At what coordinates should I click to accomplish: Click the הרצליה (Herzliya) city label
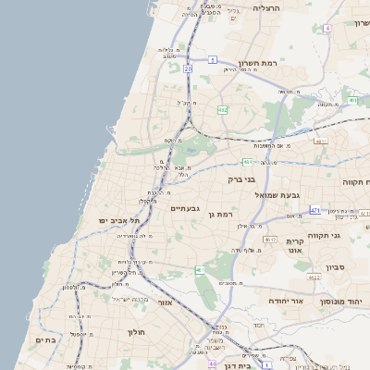(265, 8)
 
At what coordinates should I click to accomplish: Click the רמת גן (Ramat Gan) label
(227, 214)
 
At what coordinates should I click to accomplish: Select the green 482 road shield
(222, 109)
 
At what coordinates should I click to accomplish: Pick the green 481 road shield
(249, 161)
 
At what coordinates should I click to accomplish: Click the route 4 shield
(327, 29)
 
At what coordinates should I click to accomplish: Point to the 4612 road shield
(270, 240)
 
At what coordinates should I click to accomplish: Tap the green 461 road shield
(200, 269)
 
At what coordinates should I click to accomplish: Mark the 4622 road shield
(314, 277)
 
